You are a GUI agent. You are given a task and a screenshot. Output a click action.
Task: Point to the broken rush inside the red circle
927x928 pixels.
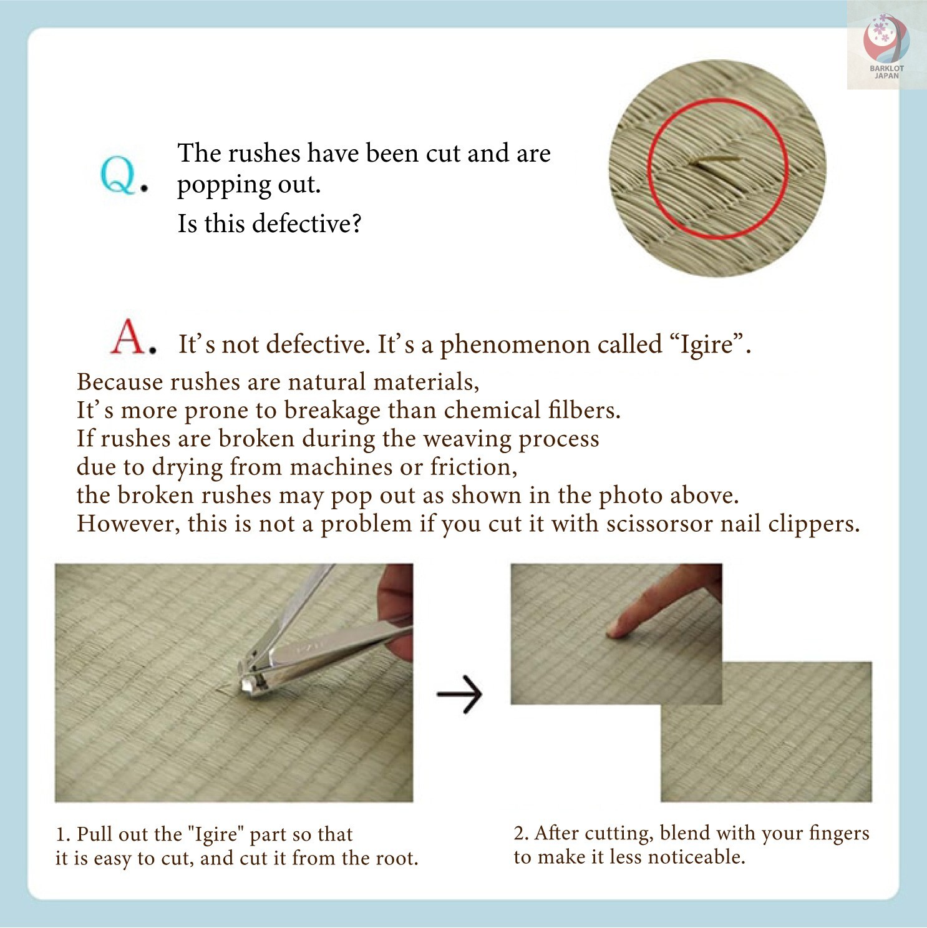point(714,160)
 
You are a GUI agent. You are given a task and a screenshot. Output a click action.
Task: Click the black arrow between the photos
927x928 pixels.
point(459,693)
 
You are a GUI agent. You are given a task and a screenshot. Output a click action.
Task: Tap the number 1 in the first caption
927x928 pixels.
point(61,834)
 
